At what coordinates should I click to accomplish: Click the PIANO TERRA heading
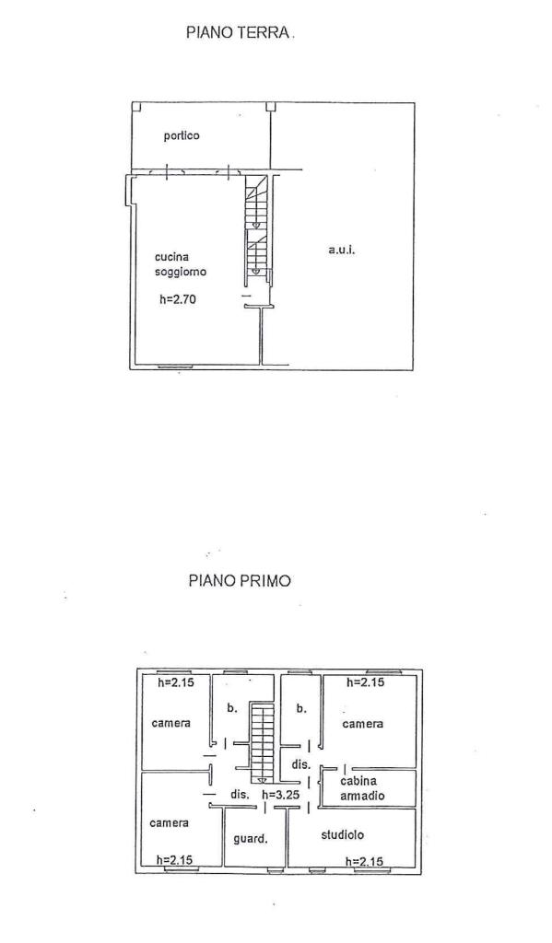click(239, 32)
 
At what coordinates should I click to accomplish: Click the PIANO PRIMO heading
click(241, 581)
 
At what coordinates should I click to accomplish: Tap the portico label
click(182, 136)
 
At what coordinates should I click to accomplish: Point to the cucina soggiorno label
click(181, 264)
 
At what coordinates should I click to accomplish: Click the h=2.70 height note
click(178, 299)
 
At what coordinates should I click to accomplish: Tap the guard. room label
click(250, 838)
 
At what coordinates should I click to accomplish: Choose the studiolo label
click(342, 834)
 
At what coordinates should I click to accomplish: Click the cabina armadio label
click(362, 788)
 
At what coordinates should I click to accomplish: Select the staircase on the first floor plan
click(262, 743)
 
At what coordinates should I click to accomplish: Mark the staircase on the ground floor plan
click(256, 229)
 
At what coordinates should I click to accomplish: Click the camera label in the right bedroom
click(363, 724)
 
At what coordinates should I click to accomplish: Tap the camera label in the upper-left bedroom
click(171, 723)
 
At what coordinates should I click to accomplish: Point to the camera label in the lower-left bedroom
click(170, 822)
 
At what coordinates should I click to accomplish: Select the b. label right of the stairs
click(301, 708)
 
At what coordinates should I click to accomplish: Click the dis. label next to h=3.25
click(241, 795)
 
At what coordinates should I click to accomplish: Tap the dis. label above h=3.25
click(301, 765)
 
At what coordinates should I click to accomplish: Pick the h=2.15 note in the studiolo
click(364, 861)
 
